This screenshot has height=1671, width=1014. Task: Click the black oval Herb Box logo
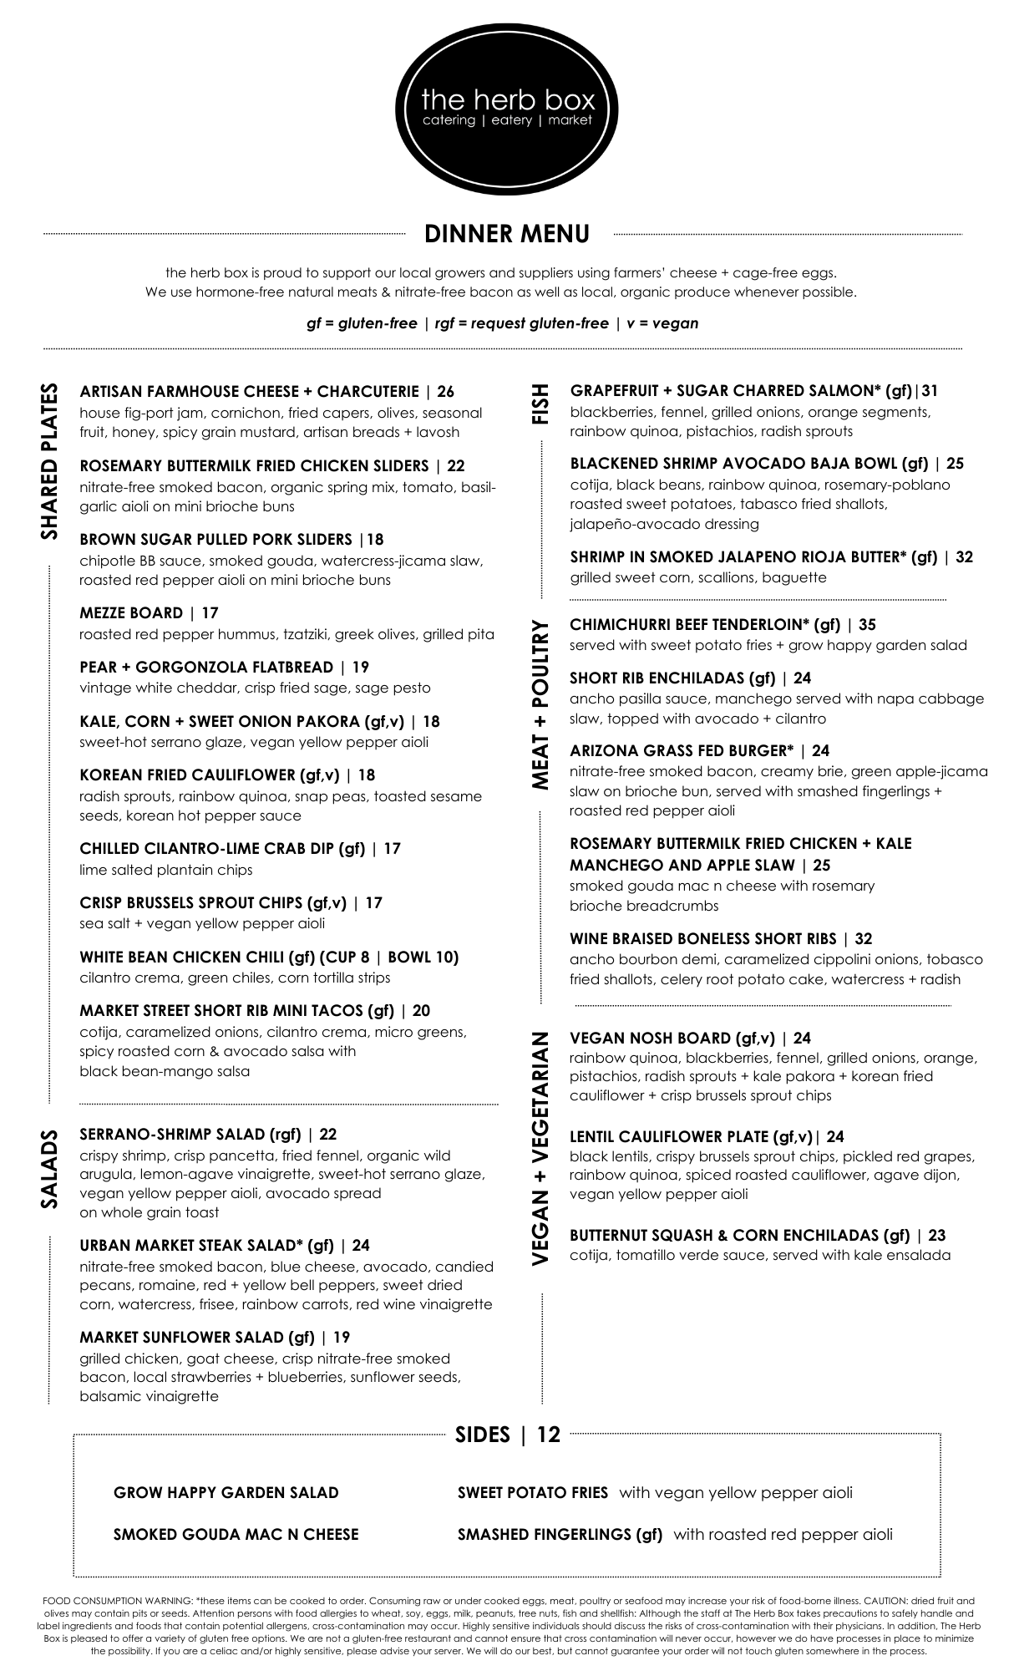508,109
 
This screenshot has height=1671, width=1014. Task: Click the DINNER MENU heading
507,234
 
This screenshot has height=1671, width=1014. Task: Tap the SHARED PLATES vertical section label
50,461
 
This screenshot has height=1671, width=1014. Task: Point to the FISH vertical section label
540,404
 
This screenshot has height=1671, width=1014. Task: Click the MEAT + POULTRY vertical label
540,704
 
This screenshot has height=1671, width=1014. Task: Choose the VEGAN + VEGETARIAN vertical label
540,1150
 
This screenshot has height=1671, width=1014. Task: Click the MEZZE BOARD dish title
131,613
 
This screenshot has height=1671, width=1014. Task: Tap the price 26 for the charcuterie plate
445,391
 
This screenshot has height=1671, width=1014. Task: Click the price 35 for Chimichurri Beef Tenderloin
867,624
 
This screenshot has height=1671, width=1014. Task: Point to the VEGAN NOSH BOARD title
650,1039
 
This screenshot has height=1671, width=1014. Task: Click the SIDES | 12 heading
507,1435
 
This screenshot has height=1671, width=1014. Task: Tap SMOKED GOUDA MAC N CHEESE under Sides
236,1534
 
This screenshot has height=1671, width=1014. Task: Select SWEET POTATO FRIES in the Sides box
533,1492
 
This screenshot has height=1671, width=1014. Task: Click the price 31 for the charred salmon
929,390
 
